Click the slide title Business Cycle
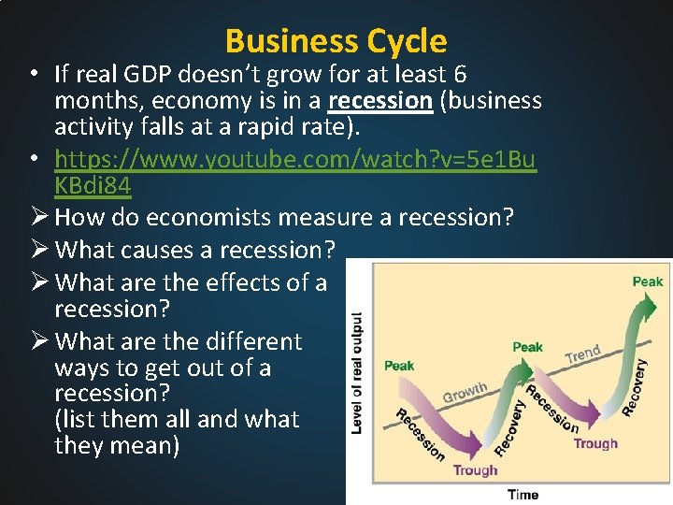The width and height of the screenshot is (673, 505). tap(336, 41)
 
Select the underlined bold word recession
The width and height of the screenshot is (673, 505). tap(379, 101)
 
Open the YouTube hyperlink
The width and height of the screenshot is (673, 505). tap(295, 160)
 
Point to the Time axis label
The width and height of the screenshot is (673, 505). tap(523, 494)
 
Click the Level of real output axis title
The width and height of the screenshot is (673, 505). tap(357, 371)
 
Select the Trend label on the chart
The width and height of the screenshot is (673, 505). tap(582, 353)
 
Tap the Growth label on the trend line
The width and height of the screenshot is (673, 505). tap(465, 392)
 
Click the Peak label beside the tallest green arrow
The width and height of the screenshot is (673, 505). tap(647, 281)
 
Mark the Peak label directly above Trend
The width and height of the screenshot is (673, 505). tap(527, 347)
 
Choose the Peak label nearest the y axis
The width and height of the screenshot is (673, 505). tap(399, 365)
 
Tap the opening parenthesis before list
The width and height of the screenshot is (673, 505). tap(59, 420)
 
